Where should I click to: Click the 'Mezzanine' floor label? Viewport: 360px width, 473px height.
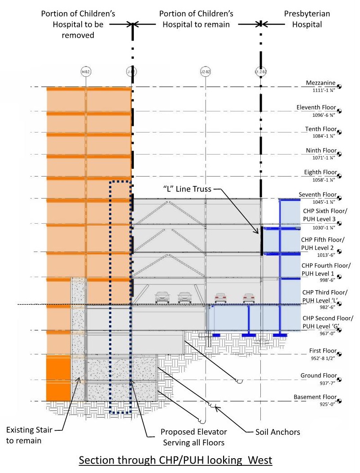[320, 83]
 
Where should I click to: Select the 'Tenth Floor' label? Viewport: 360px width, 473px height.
[320, 129]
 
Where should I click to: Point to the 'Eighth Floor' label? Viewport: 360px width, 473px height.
[320, 172]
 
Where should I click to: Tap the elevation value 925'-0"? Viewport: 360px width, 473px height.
[327, 404]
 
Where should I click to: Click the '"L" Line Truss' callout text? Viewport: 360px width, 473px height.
[187, 189]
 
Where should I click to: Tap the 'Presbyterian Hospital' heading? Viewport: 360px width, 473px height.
[307, 19]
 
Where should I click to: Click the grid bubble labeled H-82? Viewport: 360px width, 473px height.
[85, 71]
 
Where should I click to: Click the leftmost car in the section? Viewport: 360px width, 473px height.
[162, 297]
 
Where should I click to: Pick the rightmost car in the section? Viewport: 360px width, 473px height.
[249, 298]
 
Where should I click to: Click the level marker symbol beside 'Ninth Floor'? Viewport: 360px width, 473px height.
[340, 154]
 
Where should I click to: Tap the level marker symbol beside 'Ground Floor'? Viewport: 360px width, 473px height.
[340, 380]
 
